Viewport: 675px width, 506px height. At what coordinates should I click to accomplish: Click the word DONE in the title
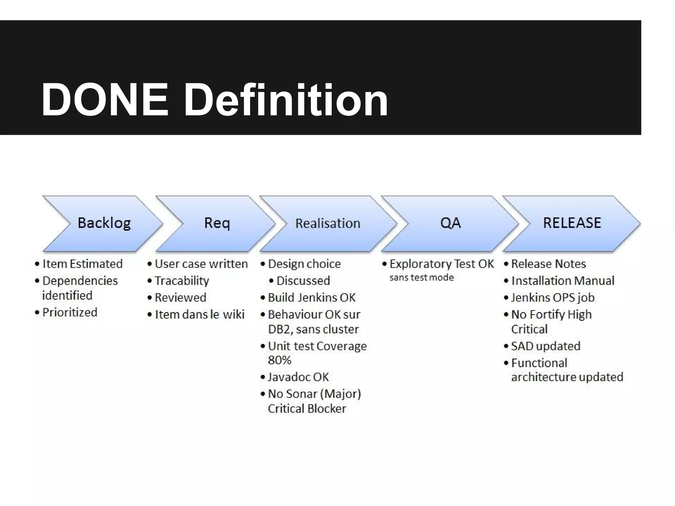coord(105,99)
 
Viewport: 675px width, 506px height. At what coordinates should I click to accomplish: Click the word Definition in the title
coord(285,99)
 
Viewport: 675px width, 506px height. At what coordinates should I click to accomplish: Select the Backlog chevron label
coord(104,223)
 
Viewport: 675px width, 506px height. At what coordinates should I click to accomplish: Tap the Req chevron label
coord(217,223)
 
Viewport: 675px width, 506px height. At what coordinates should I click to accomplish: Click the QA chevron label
coord(450,223)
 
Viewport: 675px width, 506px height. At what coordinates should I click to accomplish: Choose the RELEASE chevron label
coord(572,223)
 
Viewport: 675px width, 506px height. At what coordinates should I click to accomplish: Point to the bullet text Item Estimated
coord(82,264)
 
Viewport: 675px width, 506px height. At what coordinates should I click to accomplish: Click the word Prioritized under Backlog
coord(70,312)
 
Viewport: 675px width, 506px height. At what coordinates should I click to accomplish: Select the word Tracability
coord(182,281)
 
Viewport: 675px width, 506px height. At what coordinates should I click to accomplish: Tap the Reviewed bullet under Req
coord(181,297)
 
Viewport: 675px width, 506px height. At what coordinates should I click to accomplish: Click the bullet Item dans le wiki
coord(200,315)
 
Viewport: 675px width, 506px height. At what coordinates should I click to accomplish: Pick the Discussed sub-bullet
coord(303,281)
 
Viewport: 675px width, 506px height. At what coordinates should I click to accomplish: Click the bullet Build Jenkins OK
coord(312,297)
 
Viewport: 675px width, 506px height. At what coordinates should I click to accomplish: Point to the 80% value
coord(279,360)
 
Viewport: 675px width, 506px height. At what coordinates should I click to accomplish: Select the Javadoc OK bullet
coord(298,377)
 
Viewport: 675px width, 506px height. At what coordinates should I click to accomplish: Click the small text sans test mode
coord(422,278)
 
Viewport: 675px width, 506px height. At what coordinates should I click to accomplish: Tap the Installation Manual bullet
coord(563,281)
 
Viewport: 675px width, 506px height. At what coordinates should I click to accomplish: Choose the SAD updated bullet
coord(546,346)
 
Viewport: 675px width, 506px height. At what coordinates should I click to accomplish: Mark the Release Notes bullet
coord(548,264)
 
